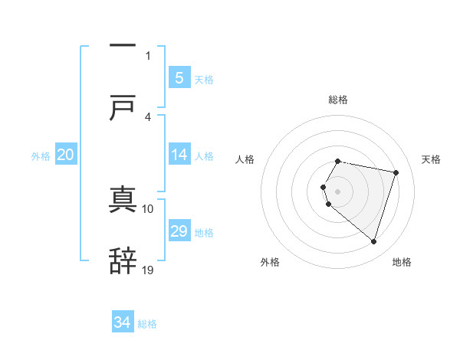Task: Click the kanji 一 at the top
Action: click(123, 47)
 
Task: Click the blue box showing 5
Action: click(179, 77)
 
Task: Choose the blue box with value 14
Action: click(179, 155)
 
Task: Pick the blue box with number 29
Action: click(179, 231)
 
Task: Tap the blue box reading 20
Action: click(66, 155)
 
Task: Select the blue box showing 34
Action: click(123, 322)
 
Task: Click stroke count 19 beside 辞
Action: click(148, 270)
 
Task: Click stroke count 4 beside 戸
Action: click(148, 116)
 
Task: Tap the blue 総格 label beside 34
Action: click(147, 324)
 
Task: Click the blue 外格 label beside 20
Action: click(41, 156)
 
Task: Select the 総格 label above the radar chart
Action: click(337, 100)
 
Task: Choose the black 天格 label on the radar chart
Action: click(432, 159)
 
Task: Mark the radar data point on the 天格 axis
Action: click(396, 172)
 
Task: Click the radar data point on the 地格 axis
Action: click(373, 241)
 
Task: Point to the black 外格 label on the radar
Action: click(270, 262)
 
